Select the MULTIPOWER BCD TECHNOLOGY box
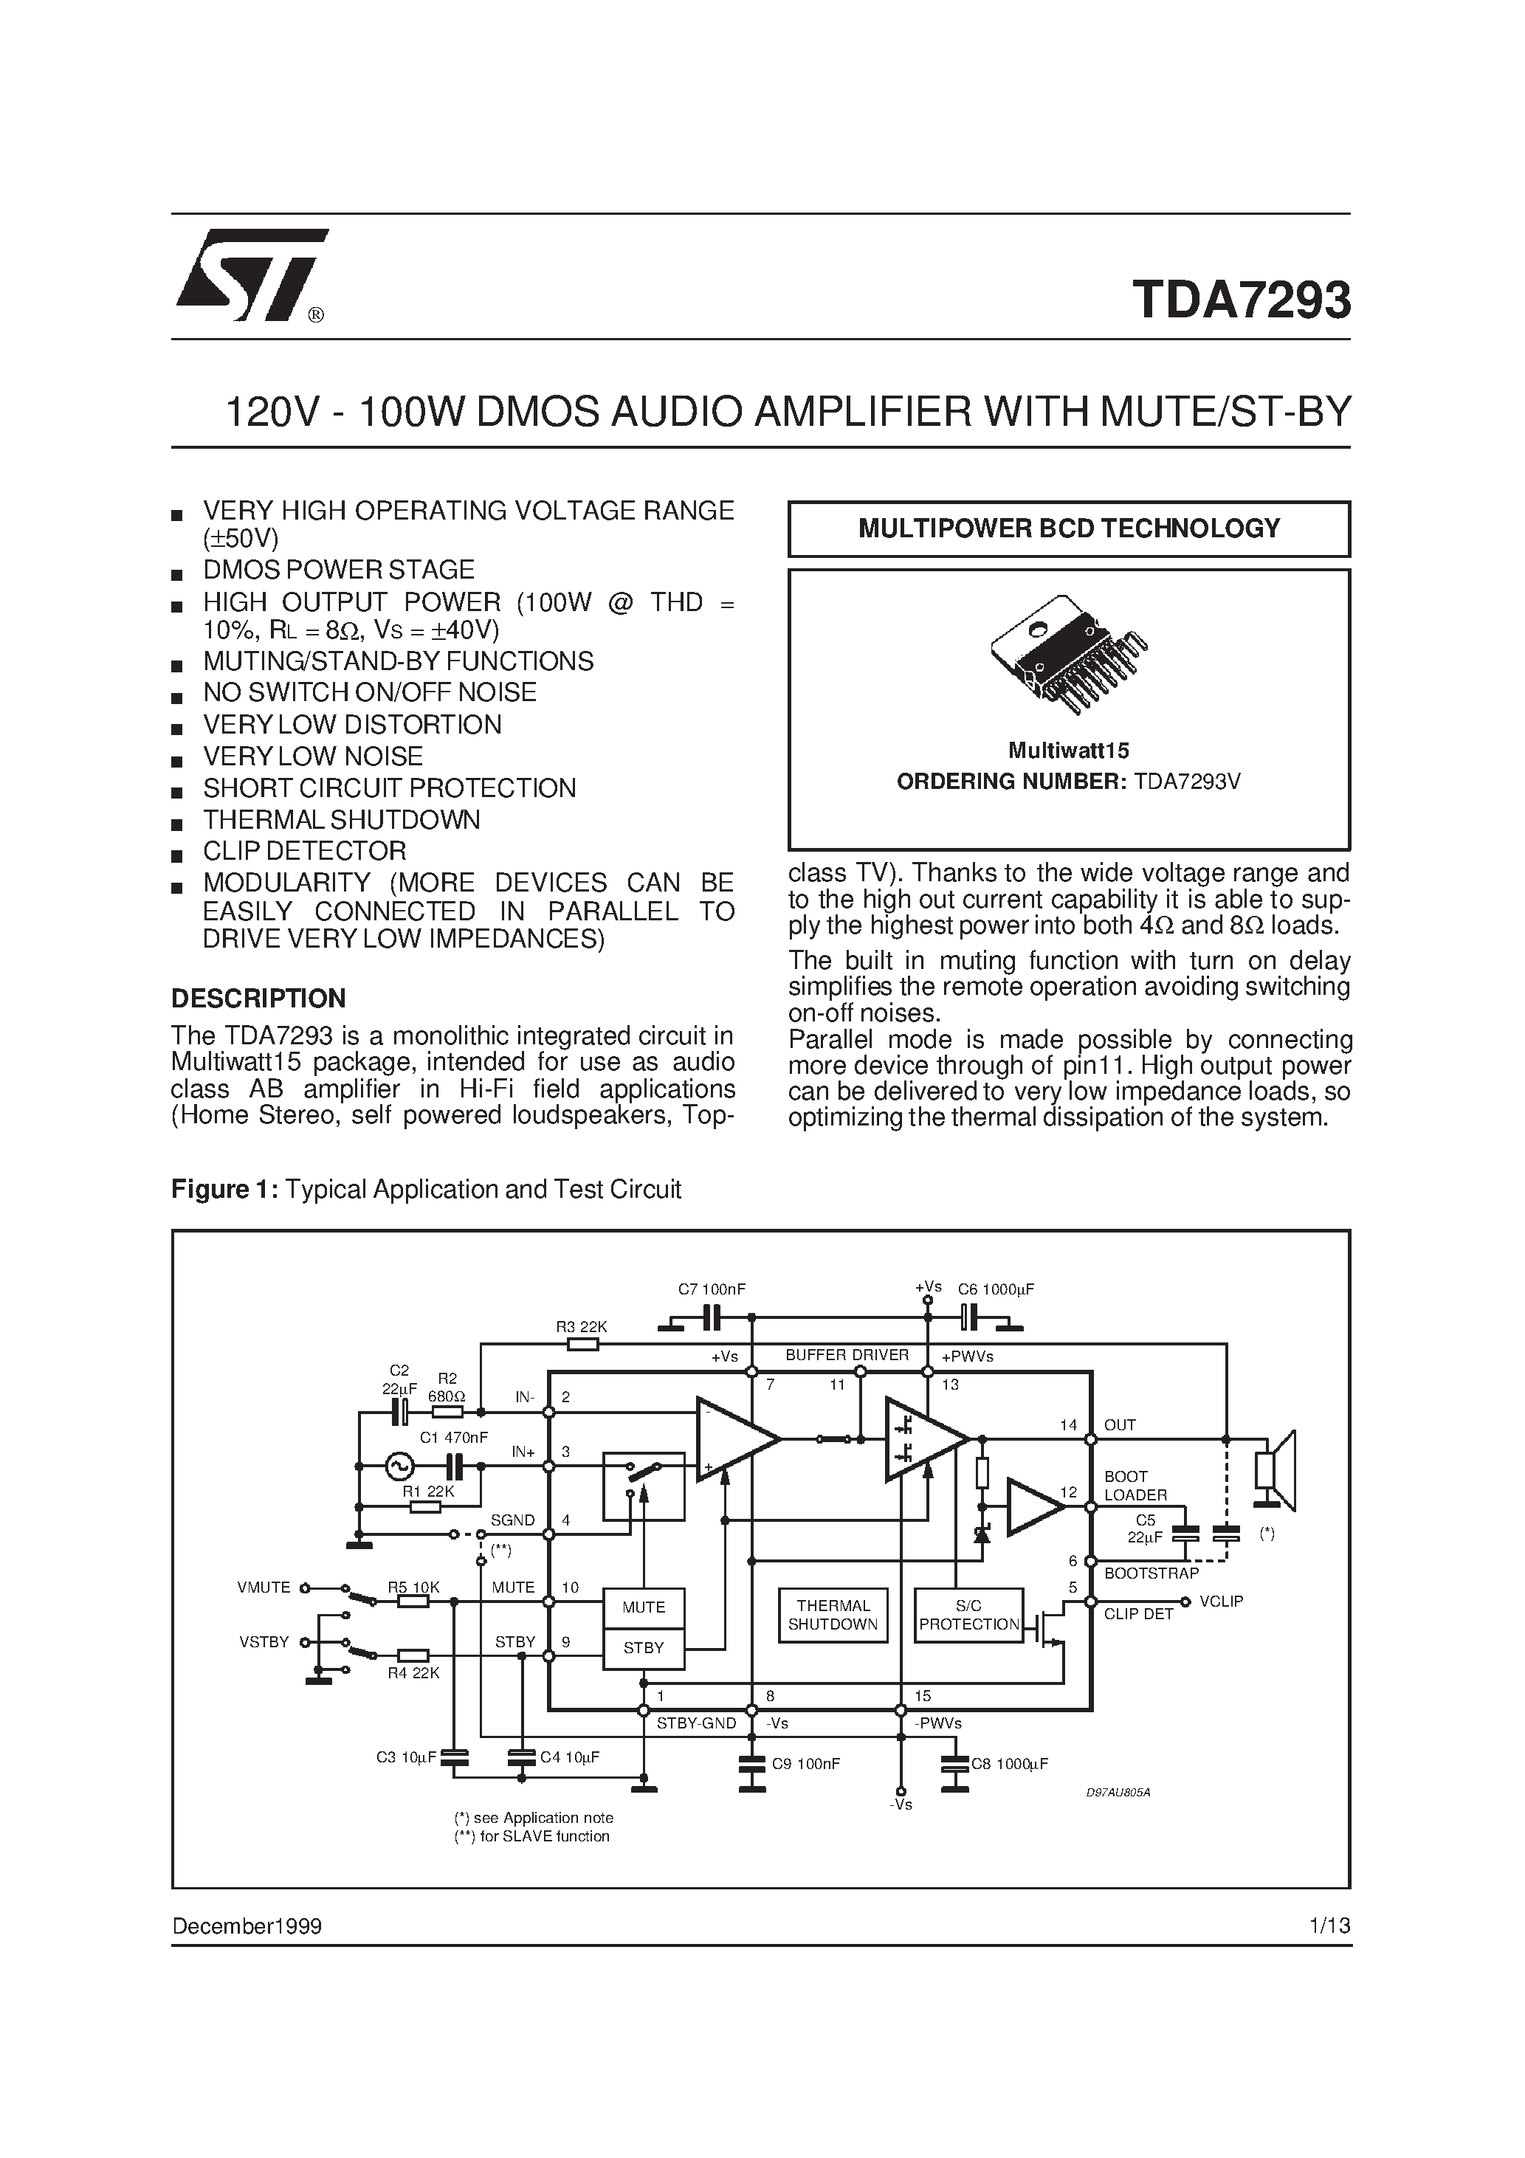tap(1068, 528)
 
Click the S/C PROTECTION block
tap(968, 1615)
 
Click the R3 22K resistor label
tap(581, 1326)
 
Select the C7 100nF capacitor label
tap(712, 1289)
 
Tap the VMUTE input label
tap(264, 1588)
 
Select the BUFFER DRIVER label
tap(847, 1355)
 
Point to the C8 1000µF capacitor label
tap(1009, 1764)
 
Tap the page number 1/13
tap(1329, 1926)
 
